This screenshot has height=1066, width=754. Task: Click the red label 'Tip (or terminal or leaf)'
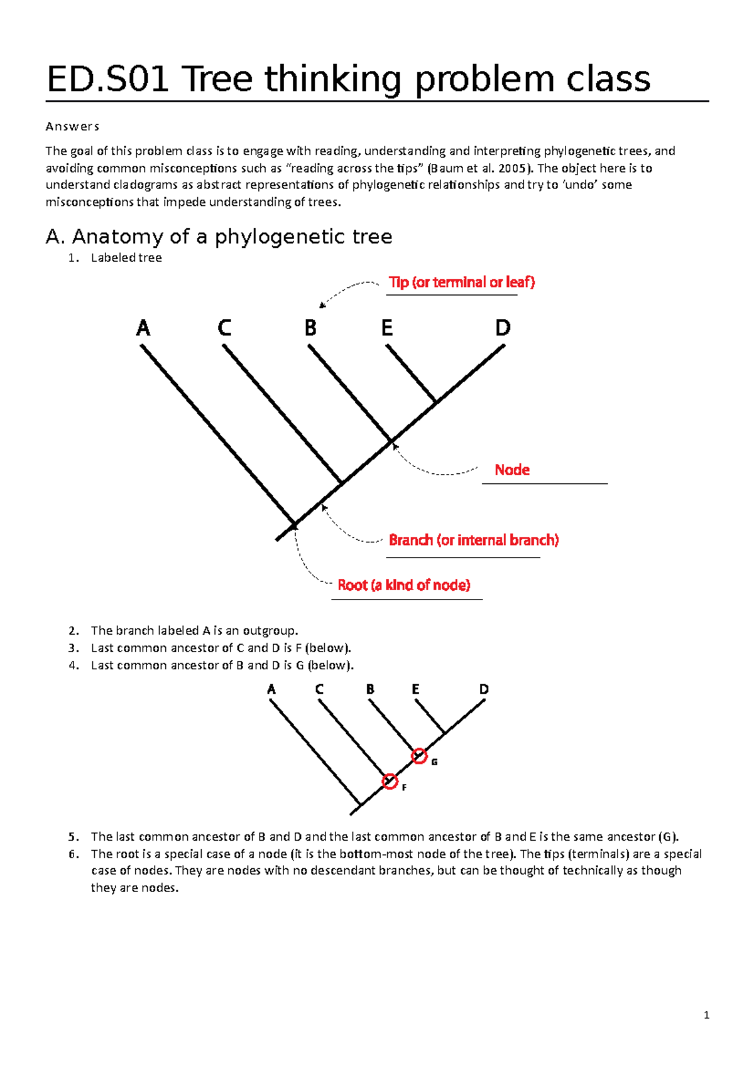[x=462, y=283]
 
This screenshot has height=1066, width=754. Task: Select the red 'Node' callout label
[x=512, y=470]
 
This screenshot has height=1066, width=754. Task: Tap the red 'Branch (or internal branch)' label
[x=474, y=541]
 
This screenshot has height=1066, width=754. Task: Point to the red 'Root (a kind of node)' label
[x=404, y=586]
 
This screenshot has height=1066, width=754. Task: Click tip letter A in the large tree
[x=143, y=328]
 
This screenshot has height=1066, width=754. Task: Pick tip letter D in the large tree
[x=503, y=328]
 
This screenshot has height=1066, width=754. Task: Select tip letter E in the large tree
[x=387, y=328]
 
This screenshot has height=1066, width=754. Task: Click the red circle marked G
[x=419, y=756]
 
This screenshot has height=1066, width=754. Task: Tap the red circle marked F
[x=390, y=782]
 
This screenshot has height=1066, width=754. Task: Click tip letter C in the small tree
[x=319, y=689]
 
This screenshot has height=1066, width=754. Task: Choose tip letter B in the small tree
[x=370, y=689]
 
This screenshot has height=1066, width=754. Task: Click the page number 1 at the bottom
[x=707, y=1015]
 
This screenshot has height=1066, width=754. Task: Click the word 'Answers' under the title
[x=72, y=127]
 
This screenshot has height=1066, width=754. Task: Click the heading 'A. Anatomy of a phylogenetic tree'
[x=219, y=237]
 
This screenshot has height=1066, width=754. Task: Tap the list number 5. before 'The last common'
[x=74, y=837]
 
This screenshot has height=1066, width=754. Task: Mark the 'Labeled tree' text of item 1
[x=126, y=258]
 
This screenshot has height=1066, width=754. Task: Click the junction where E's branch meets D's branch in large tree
[x=435, y=402]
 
